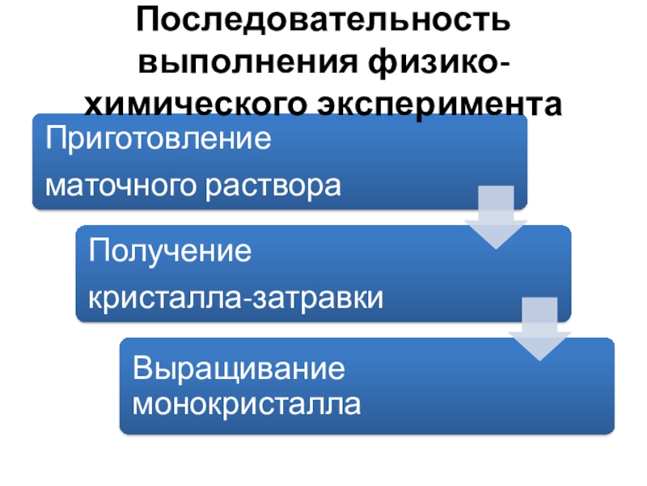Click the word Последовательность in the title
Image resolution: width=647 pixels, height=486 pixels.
323,22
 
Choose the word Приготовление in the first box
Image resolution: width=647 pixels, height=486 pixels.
159,139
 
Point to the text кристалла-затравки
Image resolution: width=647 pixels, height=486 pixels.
235,298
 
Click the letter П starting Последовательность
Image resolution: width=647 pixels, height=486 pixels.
147,22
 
